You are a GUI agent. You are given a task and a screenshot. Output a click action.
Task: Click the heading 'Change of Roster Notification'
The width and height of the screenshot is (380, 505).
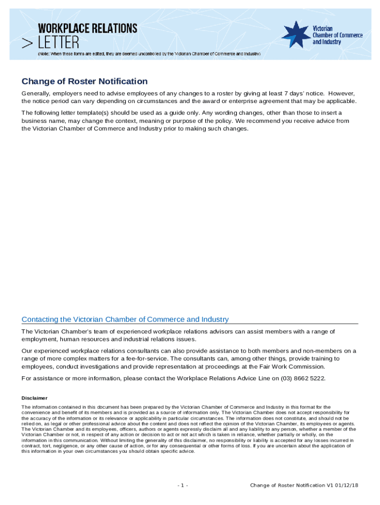(x=84, y=81)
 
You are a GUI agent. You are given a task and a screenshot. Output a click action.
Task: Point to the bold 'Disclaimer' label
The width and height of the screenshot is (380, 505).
(x=35, y=398)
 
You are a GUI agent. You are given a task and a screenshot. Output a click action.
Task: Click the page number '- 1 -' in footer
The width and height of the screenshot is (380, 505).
(x=183, y=486)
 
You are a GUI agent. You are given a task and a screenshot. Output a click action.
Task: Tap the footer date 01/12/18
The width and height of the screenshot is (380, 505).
(x=346, y=486)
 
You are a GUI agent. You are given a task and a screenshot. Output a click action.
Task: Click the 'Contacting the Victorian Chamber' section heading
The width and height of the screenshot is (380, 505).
(x=125, y=320)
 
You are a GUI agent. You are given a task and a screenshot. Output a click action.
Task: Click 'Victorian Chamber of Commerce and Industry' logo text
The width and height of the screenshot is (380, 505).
(x=338, y=35)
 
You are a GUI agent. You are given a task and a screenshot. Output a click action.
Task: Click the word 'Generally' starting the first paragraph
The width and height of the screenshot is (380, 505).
(x=38, y=93)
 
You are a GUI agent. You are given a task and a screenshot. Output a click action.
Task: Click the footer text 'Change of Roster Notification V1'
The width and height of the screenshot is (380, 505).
(x=288, y=486)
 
